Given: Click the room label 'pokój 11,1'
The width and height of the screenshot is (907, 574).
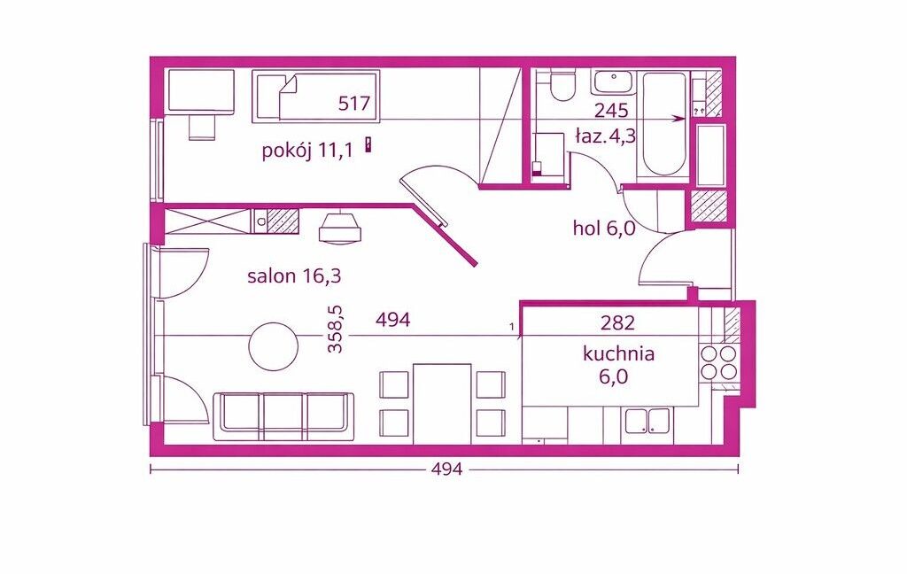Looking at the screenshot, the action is coord(307,151).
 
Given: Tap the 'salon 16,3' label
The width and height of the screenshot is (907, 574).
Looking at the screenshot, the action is coord(294,276).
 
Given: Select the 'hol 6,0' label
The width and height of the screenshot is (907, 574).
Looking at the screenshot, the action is coord(604,229).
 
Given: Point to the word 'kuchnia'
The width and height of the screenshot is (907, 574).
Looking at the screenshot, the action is coord(618,353).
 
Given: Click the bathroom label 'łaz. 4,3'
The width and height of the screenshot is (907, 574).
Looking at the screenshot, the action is coord(606,136).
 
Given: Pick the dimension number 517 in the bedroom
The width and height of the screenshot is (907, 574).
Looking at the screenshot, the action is coord(354,104).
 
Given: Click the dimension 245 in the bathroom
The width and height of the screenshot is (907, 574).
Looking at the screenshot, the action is coord(611,109).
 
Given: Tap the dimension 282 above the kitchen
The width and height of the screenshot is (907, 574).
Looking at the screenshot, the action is coord(617,322).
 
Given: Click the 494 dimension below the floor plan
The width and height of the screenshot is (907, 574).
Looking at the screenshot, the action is coord(447,469).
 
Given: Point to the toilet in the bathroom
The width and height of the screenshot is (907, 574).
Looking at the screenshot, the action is coord(562,85).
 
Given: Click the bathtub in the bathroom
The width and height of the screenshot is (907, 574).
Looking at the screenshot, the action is coord(663,125).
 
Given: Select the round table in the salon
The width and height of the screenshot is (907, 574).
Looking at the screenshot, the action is coord(273,346).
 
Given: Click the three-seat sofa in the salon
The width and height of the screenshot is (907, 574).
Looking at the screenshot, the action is coord(284,416).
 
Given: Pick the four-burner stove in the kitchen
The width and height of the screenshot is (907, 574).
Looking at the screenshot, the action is coord(718,362).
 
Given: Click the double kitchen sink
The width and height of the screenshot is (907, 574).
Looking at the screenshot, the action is coord(647,422).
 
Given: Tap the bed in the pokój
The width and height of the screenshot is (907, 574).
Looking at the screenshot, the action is coord(316,96).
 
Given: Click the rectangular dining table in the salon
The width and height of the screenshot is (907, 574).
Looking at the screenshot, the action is coord(442,404).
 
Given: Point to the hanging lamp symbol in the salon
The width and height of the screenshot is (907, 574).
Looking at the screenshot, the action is coord(340,226).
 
